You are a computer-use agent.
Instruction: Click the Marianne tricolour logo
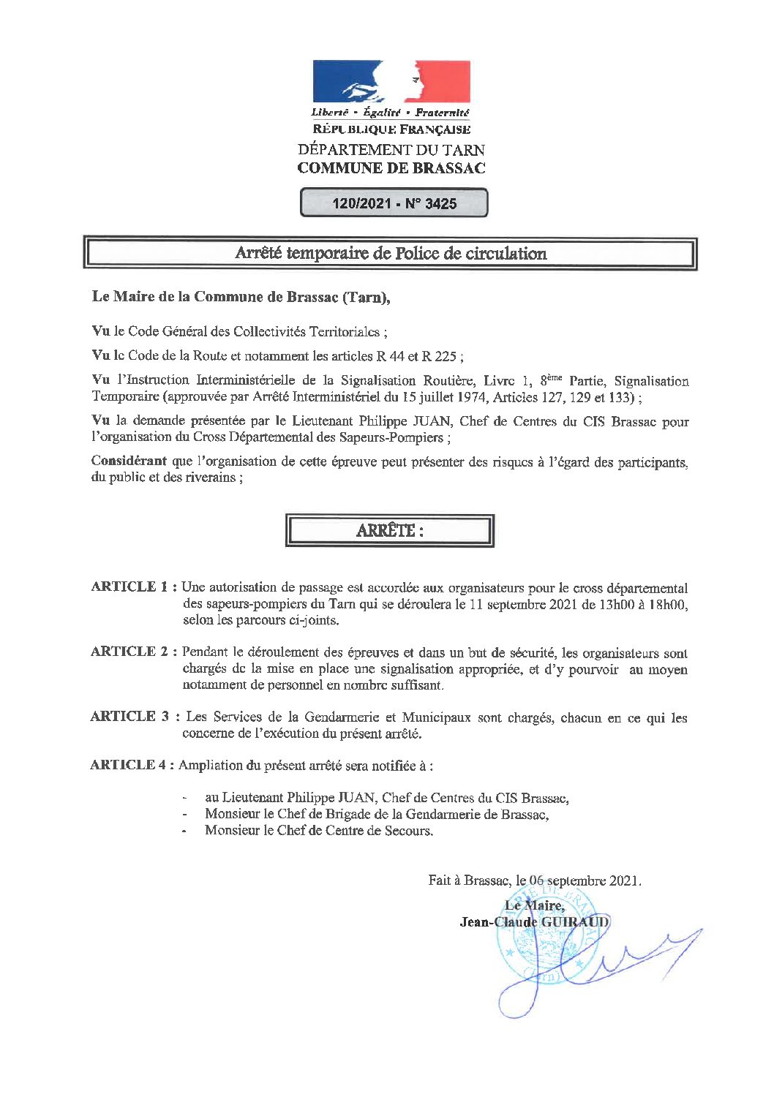pos(391,81)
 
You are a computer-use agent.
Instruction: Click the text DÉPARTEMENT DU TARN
pos(391,150)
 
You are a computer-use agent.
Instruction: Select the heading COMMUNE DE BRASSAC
pos(391,168)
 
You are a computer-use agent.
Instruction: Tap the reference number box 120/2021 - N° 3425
pos(394,203)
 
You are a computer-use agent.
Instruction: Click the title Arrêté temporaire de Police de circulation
pos(391,254)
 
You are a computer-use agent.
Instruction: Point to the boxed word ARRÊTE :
pos(389,531)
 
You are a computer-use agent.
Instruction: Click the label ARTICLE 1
pos(129,586)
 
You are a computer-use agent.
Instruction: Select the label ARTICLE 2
pos(129,652)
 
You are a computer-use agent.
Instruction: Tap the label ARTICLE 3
pos(129,717)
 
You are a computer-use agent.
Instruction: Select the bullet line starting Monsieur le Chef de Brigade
pos(376,814)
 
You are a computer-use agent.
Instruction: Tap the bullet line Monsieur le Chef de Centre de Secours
pos(318,831)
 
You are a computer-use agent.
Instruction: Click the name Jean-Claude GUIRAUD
pos(534,922)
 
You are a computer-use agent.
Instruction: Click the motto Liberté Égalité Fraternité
pos(390,113)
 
